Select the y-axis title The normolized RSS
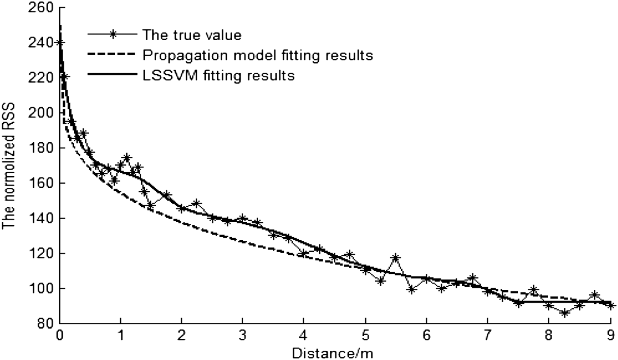pos(9,166)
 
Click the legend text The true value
pos(192,35)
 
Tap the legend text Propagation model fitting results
pos(258,55)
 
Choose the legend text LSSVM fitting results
pos(218,76)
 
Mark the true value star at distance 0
pos(60,42)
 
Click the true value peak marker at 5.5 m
pos(396,258)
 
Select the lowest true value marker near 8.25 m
pos(564,313)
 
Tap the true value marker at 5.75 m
pos(411,290)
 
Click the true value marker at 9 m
pos(610,306)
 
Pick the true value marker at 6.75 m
pos(473,278)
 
